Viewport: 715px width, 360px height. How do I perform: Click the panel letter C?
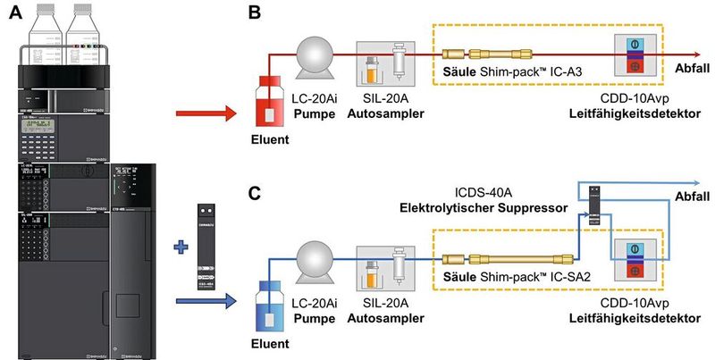(x=254, y=191)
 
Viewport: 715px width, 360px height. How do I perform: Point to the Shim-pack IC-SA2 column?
(x=505, y=252)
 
